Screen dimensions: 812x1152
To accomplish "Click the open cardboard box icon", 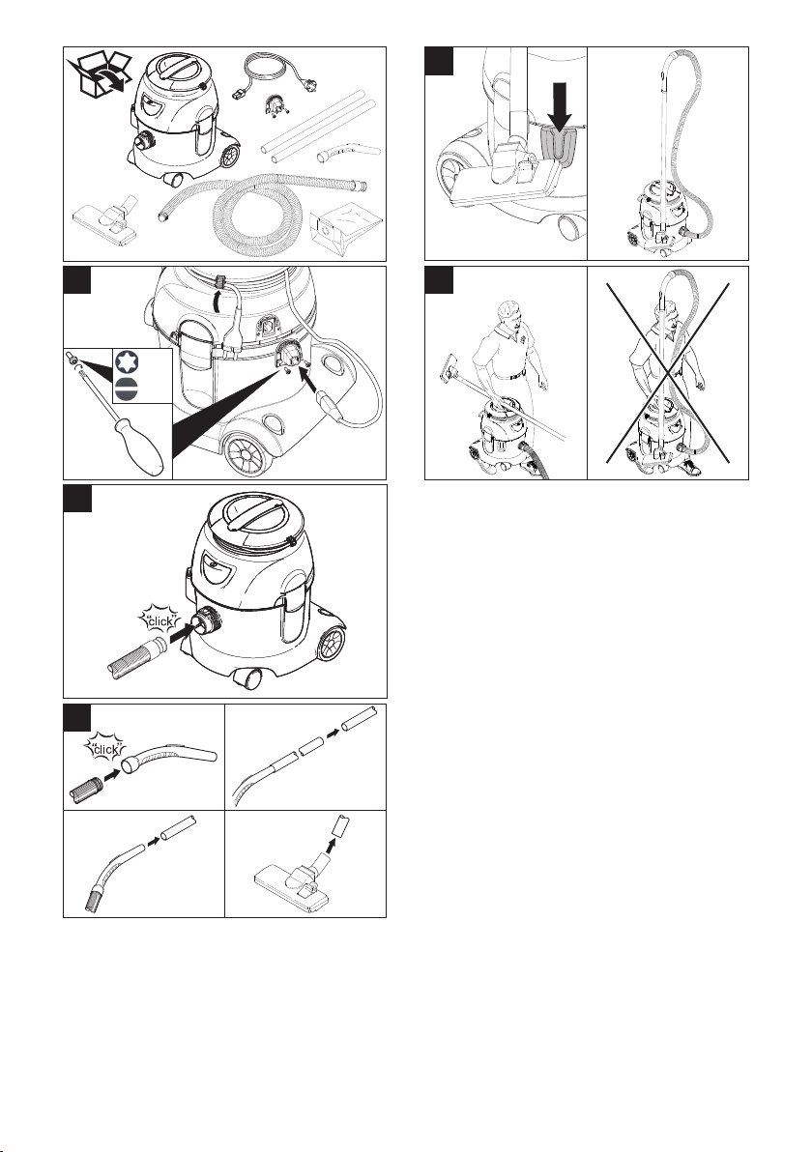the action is click(100, 75).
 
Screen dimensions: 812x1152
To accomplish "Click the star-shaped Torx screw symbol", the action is click(126, 361).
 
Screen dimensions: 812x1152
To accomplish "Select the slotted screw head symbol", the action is click(126, 389).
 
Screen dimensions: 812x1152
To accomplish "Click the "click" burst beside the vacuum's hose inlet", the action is click(159, 620).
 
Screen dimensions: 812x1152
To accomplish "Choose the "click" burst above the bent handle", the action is click(105, 749).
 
